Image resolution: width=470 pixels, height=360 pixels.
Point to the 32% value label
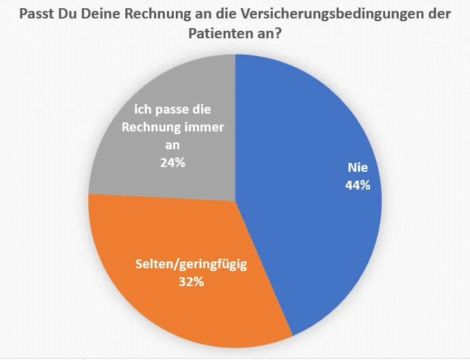click(190, 281)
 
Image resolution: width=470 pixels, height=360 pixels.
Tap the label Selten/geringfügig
click(190, 264)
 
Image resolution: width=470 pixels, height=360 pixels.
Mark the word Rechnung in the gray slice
click(151, 127)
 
